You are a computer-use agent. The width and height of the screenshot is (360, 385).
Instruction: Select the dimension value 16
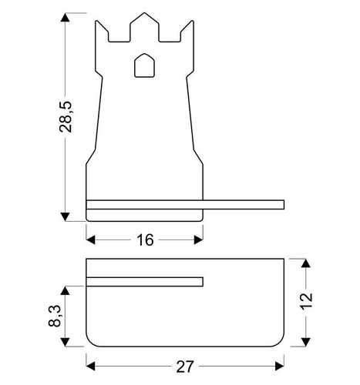point(144,240)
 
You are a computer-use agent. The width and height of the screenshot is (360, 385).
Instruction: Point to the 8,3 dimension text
point(56,316)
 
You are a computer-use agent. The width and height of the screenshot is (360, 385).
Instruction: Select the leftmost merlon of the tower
point(100,31)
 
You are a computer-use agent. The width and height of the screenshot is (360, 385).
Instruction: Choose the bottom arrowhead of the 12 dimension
point(307,340)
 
